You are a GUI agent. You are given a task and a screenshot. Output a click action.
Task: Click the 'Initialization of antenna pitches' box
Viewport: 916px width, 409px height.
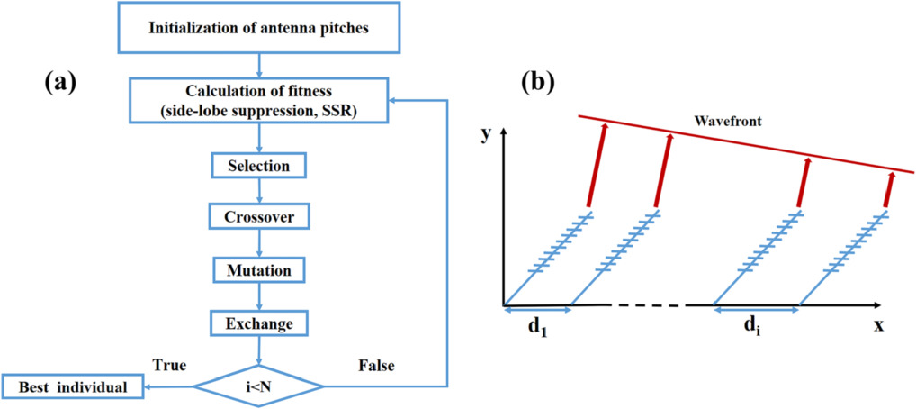coord(258,27)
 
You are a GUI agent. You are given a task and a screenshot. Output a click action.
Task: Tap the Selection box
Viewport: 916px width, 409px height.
coord(258,167)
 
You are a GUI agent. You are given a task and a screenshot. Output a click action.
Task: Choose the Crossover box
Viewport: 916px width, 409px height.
coord(258,217)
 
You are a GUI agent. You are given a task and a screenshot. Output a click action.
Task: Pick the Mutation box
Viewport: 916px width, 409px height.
coord(258,269)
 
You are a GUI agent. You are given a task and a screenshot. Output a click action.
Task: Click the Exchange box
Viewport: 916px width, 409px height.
coord(258,322)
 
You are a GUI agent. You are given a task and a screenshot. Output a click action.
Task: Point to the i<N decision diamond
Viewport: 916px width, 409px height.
coord(258,387)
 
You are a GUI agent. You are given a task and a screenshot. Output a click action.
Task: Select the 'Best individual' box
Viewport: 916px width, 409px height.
coord(74,387)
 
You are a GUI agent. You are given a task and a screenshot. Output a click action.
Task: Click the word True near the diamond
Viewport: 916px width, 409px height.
coord(168,365)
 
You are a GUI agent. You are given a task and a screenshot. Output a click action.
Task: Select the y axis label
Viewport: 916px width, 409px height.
coord(487,135)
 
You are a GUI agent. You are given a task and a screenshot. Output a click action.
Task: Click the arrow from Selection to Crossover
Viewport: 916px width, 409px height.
coord(258,192)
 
